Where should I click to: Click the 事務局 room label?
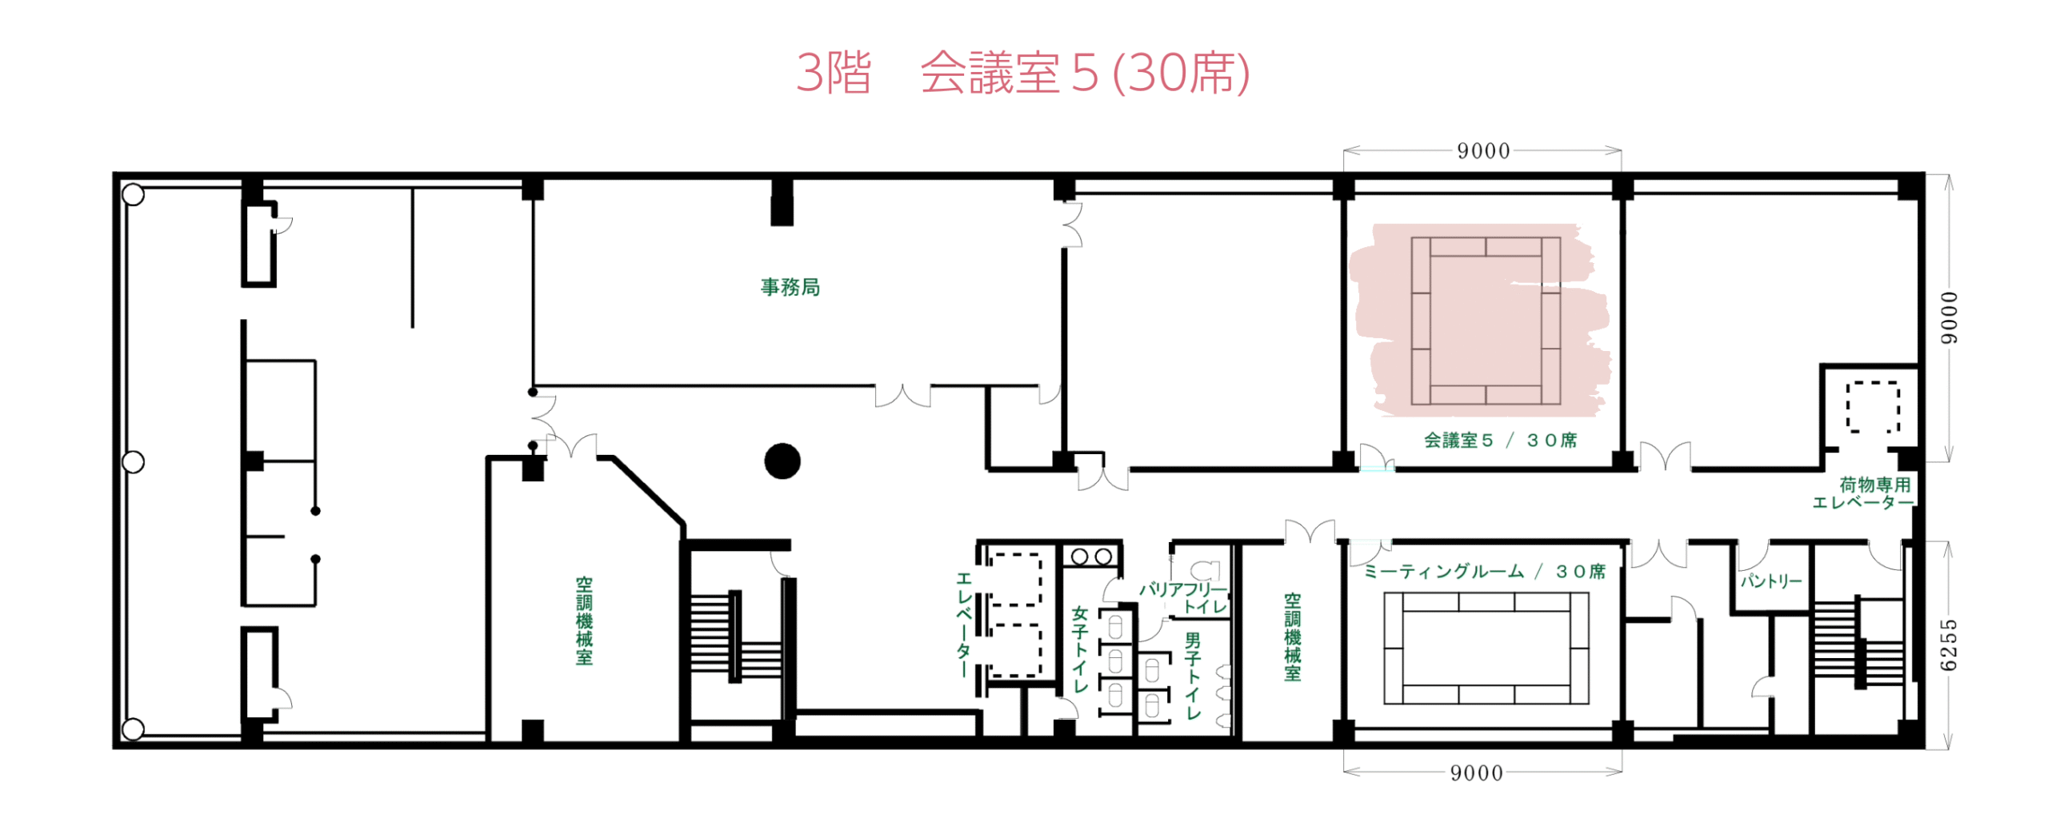tap(790, 286)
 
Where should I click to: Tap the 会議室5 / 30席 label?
tap(1499, 440)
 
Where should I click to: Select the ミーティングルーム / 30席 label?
tap(1485, 571)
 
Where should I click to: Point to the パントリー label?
tap(1770, 581)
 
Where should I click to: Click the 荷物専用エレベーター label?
tap(1863, 493)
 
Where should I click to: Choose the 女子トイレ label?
tap(1080, 648)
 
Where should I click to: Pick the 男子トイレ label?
tap(1193, 676)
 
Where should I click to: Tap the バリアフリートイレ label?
tap(1184, 597)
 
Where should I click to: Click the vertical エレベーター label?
tap(964, 625)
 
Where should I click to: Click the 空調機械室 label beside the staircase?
tap(584, 621)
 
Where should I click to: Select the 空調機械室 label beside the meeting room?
tap(1292, 636)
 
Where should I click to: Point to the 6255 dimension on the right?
tap(1949, 644)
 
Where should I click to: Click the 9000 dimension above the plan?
tap(1483, 151)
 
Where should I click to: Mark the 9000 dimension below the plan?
tap(1477, 772)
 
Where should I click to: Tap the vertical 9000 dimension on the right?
tap(1950, 317)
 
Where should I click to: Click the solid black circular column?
tap(782, 461)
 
